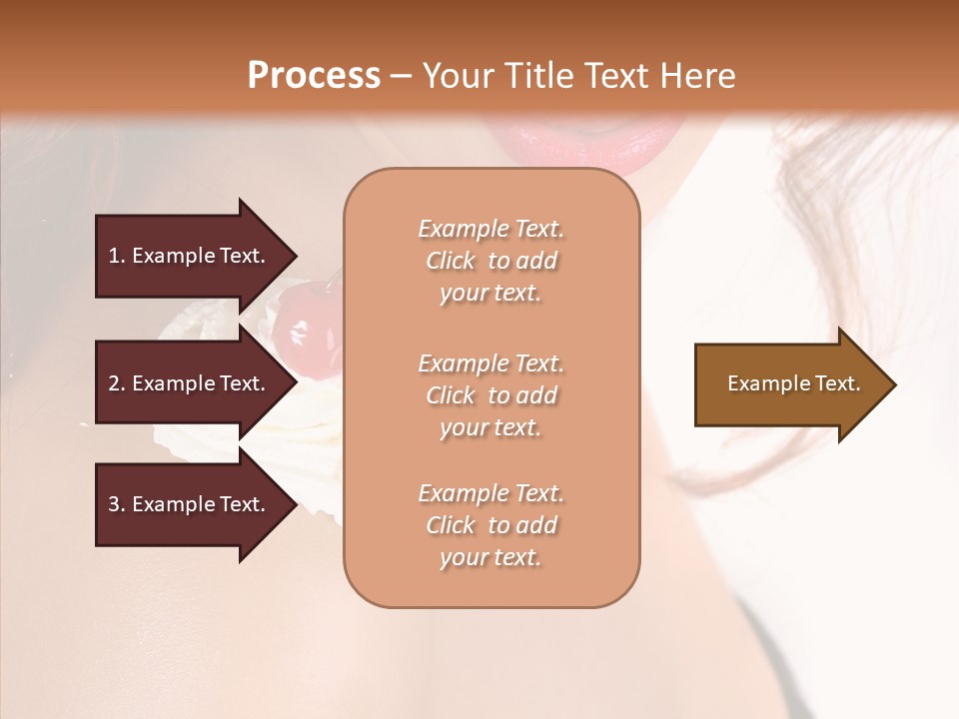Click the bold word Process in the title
tap(314, 76)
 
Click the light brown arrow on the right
tap(789, 384)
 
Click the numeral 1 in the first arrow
tap(114, 256)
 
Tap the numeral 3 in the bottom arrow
tap(114, 504)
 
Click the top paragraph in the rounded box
tap(490, 261)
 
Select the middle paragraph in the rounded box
tap(490, 395)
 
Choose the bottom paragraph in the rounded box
tap(490, 525)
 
